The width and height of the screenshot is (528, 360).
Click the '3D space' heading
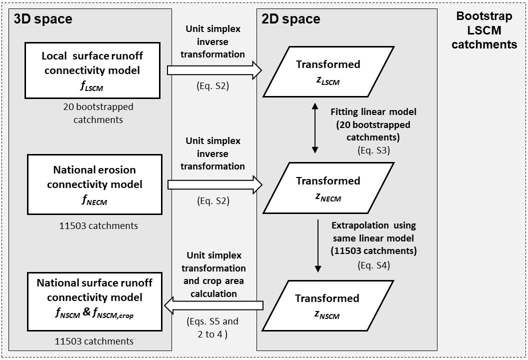tap(43, 19)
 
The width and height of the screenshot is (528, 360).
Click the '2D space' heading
tap(291, 19)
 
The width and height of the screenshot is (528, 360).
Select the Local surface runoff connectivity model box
tap(91, 70)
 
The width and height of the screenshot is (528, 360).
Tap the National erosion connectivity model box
tap(94, 184)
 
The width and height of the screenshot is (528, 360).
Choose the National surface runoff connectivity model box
tap(94, 301)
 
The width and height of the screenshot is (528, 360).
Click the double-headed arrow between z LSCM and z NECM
tap(315, 128)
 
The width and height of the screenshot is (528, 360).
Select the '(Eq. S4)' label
tap(373, 265)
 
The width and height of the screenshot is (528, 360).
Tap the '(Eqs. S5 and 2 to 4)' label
tap(212, 326)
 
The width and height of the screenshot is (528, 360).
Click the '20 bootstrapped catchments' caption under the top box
tap(98, 113)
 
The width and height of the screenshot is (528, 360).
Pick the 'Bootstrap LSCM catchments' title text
tap(484, 30)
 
